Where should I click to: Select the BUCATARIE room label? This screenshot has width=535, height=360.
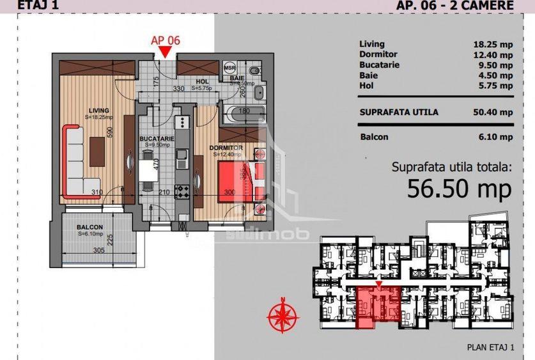pyautogui.click(x=156, y=138)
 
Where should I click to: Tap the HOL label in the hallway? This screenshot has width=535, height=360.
pyautogui.click(x=203, y=81)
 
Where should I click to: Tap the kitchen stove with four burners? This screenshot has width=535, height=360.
pyautogui.click(x=182, y=190)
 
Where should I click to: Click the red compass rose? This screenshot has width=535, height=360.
pyautogui.click(x=283, y=315)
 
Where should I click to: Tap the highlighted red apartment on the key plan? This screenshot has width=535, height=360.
pyautogui.click(x=378, y=308)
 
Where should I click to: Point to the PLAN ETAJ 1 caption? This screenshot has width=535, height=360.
pyautogui.click(x=491, y=347)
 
